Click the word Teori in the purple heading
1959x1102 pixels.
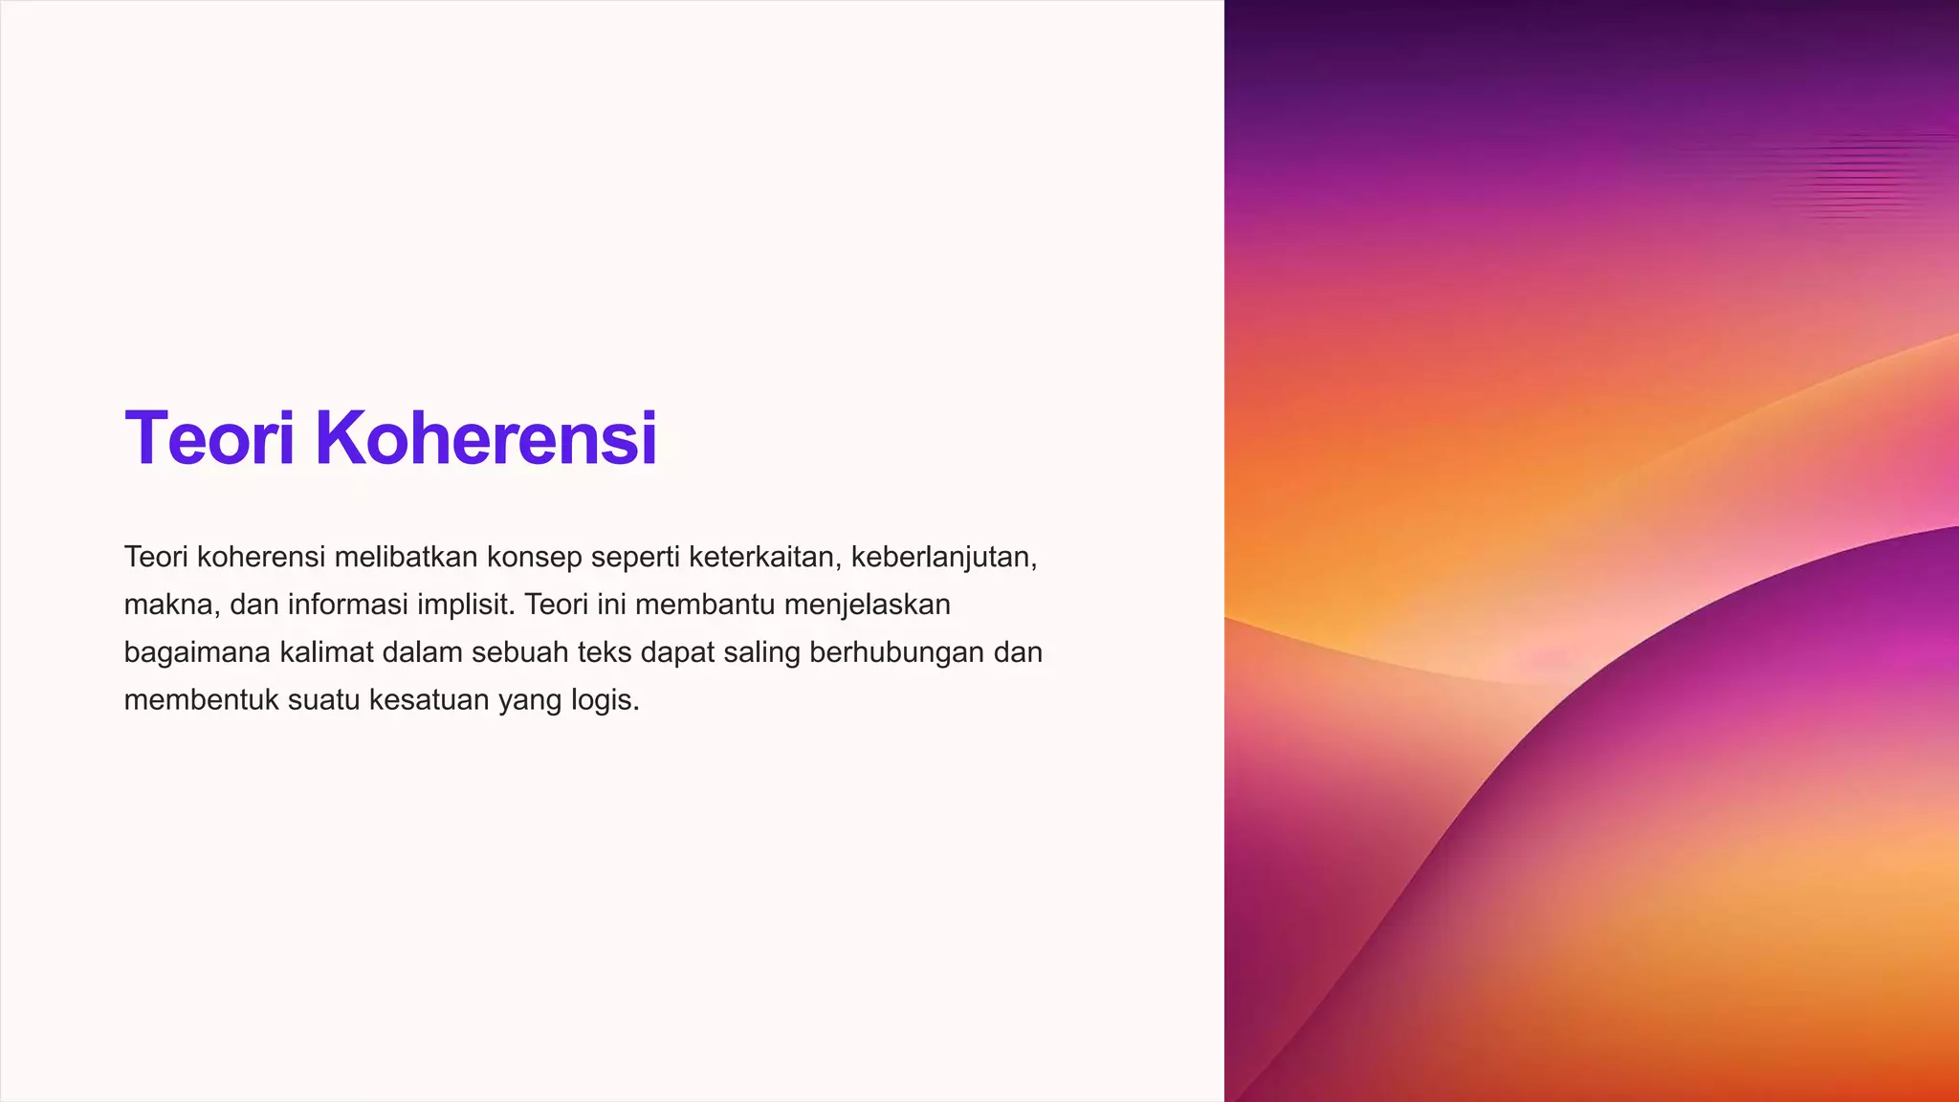(x=209, y=438)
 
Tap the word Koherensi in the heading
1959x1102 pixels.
(x=486, y=438)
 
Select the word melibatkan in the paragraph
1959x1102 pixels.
(x=406, y=557)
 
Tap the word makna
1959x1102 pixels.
(x=167, y=605)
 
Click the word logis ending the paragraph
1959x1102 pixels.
(x=605, y=700)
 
